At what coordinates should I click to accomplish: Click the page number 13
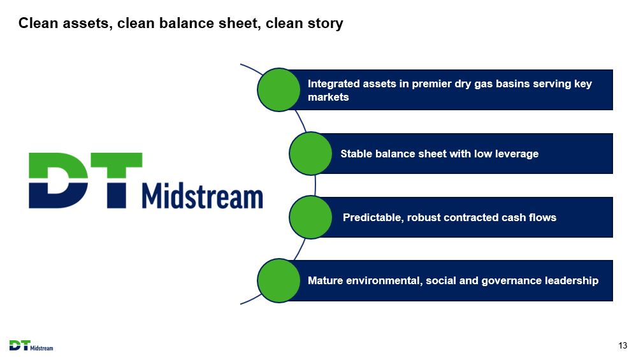(623, 345)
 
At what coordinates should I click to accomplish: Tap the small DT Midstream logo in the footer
(31, 345)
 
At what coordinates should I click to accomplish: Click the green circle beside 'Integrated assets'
(279, 90)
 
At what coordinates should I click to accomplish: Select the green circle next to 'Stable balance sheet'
(310, 154)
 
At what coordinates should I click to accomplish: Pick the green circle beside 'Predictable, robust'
(310, 217)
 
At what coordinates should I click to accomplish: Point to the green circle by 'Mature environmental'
(279, 281)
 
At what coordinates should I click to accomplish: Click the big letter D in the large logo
(58, 180)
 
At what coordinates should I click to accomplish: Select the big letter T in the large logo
(117, 180)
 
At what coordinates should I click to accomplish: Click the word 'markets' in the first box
(328, 97)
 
